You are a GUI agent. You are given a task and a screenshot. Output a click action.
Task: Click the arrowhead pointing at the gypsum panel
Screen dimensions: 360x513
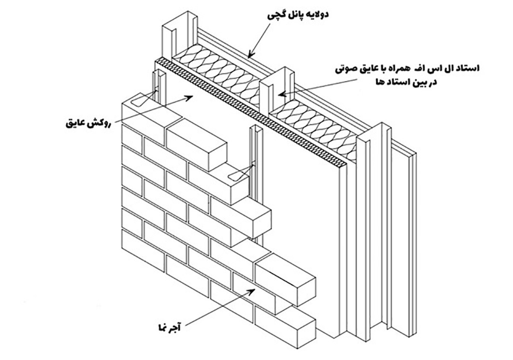[x=249, y=55]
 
